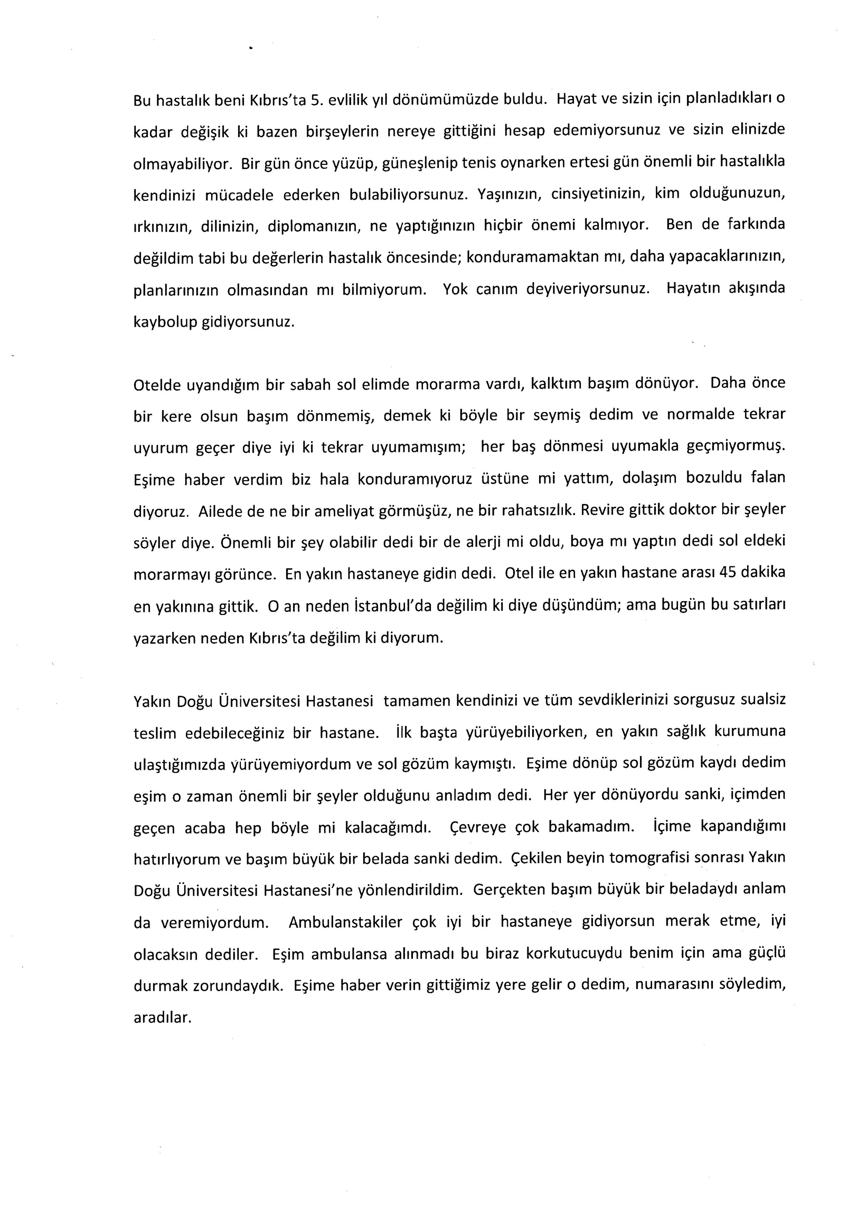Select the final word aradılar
click(x=162, y=1017)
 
